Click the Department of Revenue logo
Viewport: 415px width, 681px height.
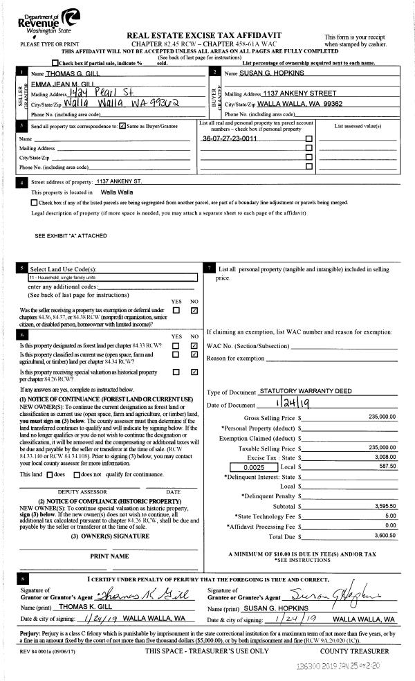click(57, 23)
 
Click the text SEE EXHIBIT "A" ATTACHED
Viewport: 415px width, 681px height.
click(71, 236)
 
